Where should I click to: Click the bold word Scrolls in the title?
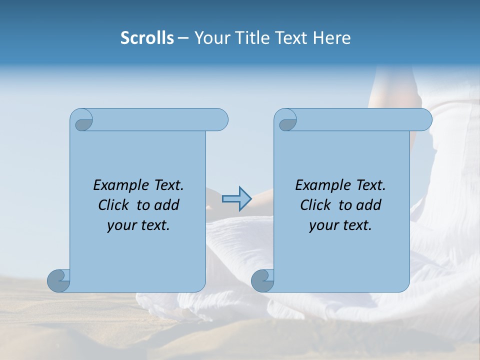point(147,38)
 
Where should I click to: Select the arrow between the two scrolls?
point(236,199)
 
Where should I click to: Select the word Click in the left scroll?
point(113,205)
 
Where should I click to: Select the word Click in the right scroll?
point(315,205)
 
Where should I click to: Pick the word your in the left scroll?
point(120,226)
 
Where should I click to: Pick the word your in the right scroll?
point(322,226)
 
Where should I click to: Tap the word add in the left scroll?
point(166,205)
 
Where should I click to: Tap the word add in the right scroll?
point(368,205)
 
